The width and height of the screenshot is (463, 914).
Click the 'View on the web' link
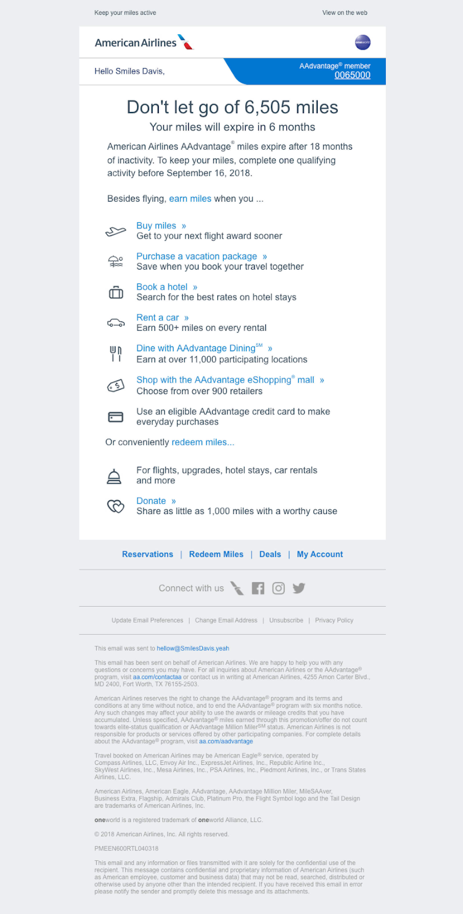point(344,13)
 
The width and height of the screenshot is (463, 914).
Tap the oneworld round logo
point(362,42)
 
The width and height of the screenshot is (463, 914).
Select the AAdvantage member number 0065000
point(352,75)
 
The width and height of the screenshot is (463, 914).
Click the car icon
point(116,323)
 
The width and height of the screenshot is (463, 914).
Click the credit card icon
point(116,417)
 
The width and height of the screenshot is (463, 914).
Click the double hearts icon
point(116,506)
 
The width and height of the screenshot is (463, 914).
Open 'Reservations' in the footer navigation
point(147,554)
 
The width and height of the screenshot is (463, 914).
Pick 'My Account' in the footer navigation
point(320,554)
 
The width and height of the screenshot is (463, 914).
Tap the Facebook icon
point(258,588)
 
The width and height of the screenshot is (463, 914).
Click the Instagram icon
point(278,588)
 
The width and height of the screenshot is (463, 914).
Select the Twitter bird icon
point(299,588)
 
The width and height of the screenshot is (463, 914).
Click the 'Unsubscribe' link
point(286,620)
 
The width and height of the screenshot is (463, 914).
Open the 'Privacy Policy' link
point(334,620)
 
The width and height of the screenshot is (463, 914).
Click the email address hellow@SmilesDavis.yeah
point(193,648)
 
